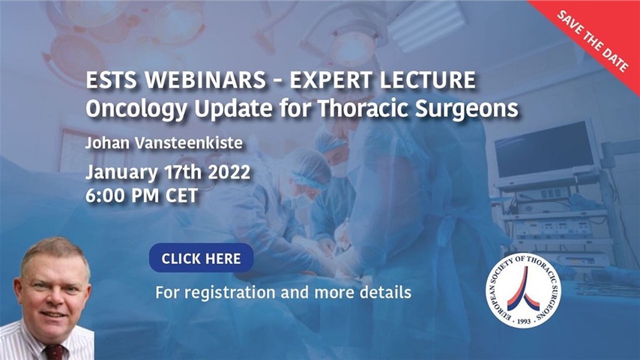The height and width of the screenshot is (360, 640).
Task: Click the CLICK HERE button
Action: [201, 259]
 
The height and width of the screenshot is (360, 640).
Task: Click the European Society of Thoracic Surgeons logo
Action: [525, 290]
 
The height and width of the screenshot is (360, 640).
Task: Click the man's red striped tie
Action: [54, 352]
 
